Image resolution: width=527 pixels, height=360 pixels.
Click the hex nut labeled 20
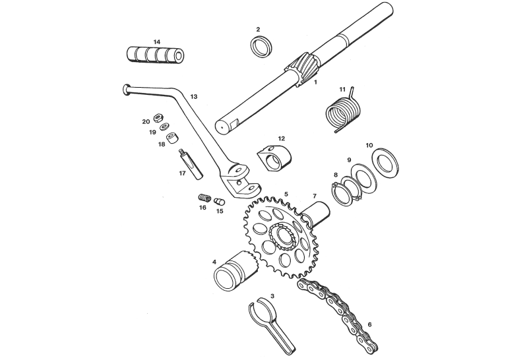(158, 117)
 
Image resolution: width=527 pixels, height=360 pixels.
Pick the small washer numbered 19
(165, 127)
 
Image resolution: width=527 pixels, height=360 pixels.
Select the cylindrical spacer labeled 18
(172, 138)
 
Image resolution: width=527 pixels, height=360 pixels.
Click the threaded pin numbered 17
(190, 165)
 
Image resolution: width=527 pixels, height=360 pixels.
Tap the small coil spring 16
(204, 198)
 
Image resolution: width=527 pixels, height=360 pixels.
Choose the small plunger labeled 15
(220, 201)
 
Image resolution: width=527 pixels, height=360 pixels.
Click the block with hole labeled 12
(274, 157)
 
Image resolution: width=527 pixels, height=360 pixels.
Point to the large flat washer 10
(385, 164)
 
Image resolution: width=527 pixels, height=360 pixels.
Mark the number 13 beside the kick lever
(194, 97)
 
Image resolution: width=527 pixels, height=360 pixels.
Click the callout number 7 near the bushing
(315, 196)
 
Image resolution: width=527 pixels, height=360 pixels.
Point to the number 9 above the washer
(349, 160)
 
